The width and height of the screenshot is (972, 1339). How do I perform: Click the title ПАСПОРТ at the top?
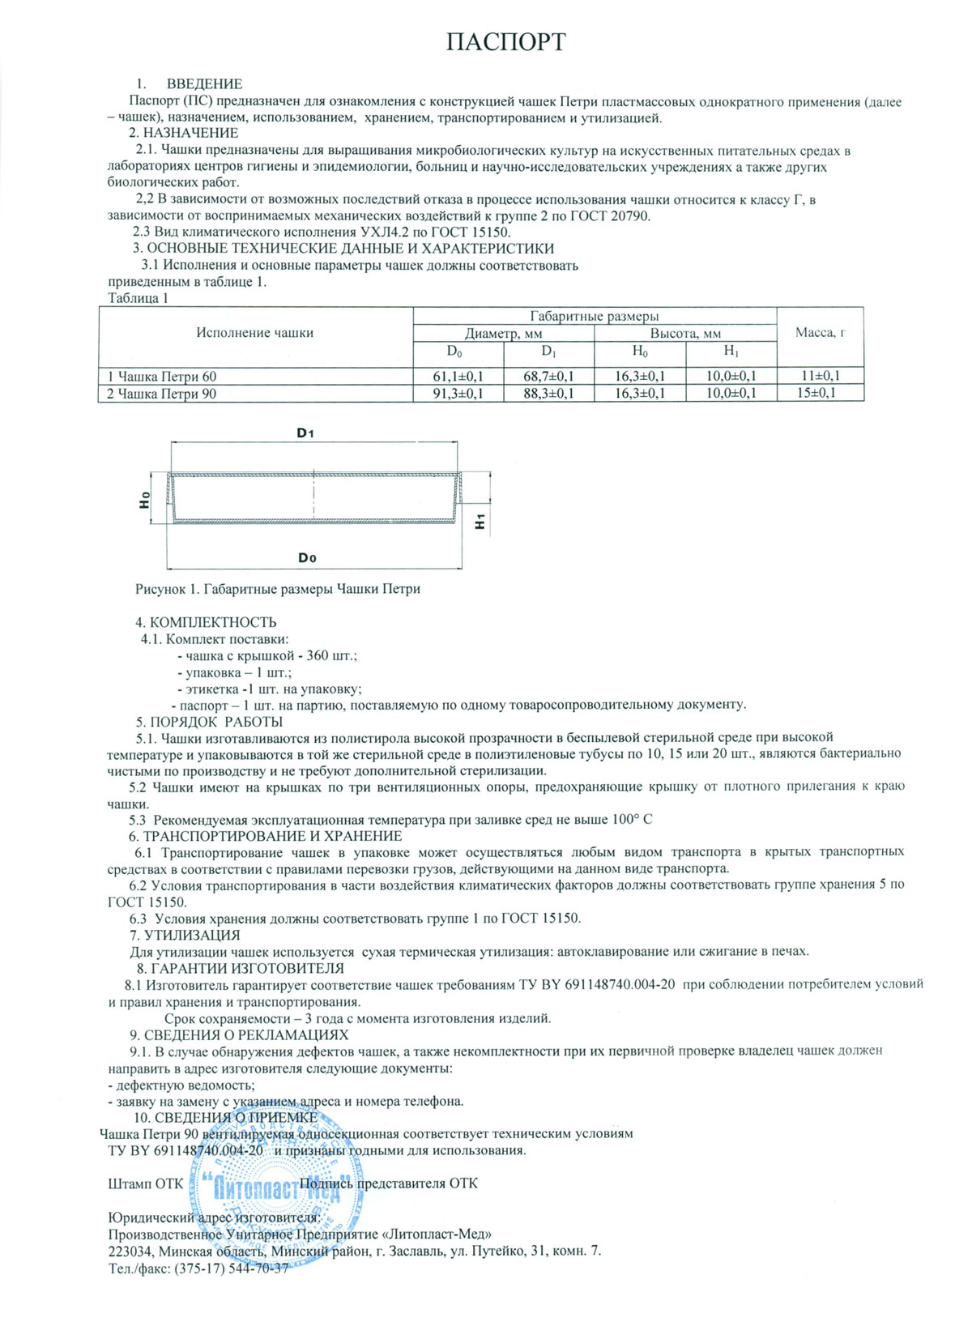[x=505, y=41]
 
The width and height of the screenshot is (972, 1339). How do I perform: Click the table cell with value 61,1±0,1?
[x=458, y=376]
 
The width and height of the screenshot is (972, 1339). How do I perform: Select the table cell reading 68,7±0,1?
[x=549, y=376]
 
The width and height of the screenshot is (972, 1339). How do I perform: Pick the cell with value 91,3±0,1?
[x=458, y=394]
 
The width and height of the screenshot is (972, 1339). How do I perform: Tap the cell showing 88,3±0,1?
[x=549, y=394]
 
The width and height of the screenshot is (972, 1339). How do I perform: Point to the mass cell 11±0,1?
[x=820, y=376]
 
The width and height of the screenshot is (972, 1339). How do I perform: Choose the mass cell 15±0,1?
[x=820, y=393]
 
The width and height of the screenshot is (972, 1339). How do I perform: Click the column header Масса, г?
[x=820, y=333]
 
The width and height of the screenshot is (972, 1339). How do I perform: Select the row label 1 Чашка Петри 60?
[x=162, y=377]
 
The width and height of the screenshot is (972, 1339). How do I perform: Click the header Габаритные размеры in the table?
[x=594, y=316]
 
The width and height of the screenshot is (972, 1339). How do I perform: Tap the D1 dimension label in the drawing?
[x=305, y=433]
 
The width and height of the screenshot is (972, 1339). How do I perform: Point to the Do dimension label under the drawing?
[x=307, y=557]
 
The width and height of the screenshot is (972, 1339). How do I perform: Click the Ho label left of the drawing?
[x=145, y=500]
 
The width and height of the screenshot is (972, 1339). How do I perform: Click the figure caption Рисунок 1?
[x=277, y=589]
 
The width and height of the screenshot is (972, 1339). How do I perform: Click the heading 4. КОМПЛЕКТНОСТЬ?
[x=206, y=622]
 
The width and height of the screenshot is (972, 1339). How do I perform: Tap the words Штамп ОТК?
[x=146, y=1183]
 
